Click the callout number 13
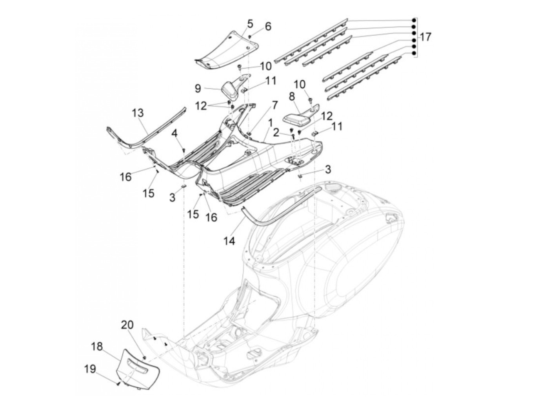138,113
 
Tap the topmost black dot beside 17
414,20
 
